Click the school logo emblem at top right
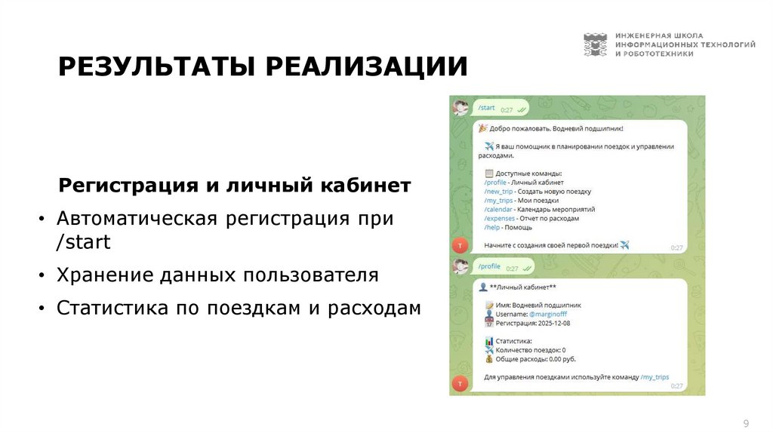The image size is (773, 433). coord(595,45)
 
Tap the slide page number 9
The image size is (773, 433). coord(746,422)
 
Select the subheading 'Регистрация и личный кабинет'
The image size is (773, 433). coord(236,186)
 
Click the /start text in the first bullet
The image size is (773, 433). coord(83,242)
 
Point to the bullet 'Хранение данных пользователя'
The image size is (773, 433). coord(217,275)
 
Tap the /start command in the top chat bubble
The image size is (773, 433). coord(486,108)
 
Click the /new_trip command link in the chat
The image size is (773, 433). coord(498,192)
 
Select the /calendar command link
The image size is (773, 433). coord(499,209)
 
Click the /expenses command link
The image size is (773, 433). coord(500,218)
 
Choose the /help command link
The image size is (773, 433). coord(493,227)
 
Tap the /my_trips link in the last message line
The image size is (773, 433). coord(654,376)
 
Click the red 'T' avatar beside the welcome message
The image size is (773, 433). coord(460,244)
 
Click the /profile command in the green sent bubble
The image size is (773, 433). coord(489,266)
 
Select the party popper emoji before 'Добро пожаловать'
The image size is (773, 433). coord(483,129)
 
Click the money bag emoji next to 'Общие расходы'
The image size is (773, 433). coord(488,359)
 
